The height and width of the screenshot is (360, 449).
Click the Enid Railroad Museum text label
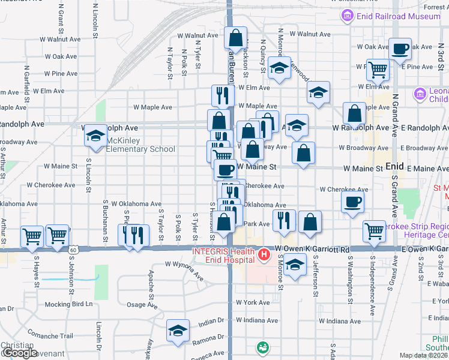[399, 16]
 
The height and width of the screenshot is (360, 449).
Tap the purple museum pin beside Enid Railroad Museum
[347, 16]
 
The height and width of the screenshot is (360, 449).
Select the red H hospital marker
[262, 256]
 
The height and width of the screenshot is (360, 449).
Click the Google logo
[19, 353]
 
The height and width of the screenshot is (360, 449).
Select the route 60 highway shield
[73, 248]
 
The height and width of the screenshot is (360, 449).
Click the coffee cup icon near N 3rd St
[400, 49]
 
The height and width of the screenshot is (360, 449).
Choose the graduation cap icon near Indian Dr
[178, 331]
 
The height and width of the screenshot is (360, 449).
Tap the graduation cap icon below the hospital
[294, 264]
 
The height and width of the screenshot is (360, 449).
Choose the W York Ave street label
[253, 302]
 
